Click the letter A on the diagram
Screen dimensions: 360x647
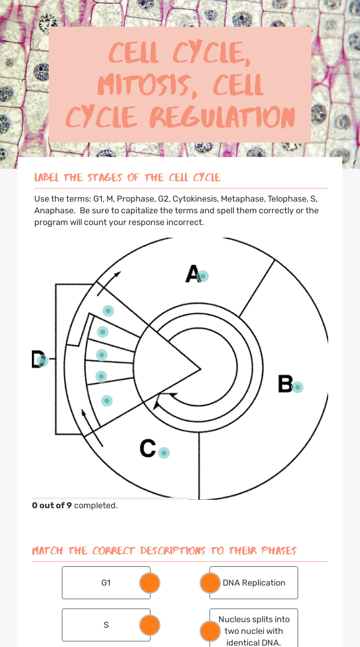point(192,273)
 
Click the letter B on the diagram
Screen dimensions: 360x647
point(285,384)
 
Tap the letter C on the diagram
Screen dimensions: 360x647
point(148,448)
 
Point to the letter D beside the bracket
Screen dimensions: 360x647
point(38,359)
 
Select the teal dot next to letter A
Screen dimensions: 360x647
point(203,276)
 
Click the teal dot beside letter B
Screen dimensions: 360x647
point(298,387)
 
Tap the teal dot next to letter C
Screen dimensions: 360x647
point(164,452)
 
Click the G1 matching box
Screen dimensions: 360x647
point(106,583)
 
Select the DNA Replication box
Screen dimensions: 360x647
point(254,583)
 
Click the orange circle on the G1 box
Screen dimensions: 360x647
point(150,583)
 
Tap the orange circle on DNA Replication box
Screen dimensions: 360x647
point(210,583)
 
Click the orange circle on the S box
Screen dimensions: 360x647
point(150,625)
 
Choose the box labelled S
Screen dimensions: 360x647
point(106,625)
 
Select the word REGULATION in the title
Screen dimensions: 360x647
point(222,117)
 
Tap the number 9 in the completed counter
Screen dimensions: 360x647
point(69,505)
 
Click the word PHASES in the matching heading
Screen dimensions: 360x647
point(279,550)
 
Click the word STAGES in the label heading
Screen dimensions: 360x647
point(105,177)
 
